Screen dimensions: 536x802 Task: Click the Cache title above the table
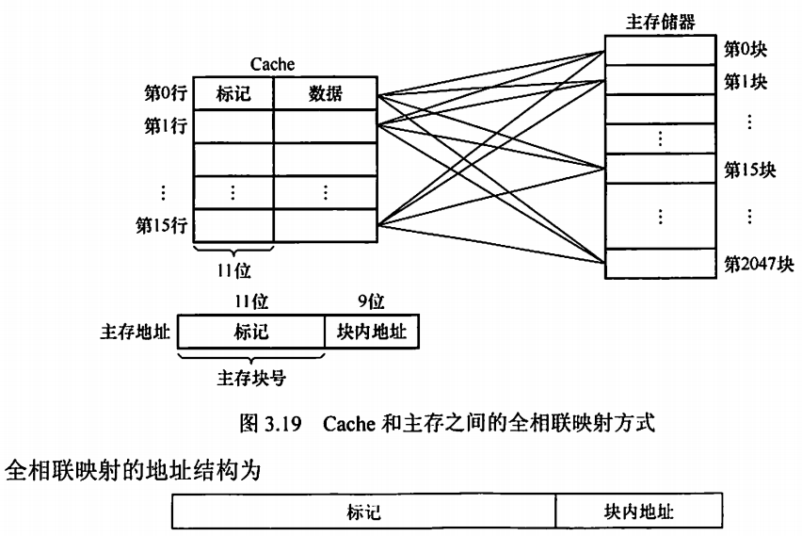click(x=272, y=64)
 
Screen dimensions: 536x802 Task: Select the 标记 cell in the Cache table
click(x=233, y=93)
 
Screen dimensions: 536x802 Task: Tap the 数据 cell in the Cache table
click(x=326, y=93)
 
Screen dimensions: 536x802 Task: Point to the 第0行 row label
click(x=165, y=93)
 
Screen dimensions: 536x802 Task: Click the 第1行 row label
click(x=165, y=126)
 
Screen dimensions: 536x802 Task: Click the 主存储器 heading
click(x=661, y=21)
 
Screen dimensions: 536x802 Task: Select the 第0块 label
click(x=746, y=47)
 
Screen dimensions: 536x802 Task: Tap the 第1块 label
click(x=746, y=81)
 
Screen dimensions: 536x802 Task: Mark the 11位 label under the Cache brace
click(x=233, y=270)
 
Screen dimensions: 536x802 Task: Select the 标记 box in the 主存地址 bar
click(x=250, y=333)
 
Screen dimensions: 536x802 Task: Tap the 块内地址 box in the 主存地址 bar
click(x=372, y=333)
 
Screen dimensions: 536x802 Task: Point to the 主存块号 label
click(x=251, y=379)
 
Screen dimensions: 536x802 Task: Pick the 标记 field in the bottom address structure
click(x=363, y=512)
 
